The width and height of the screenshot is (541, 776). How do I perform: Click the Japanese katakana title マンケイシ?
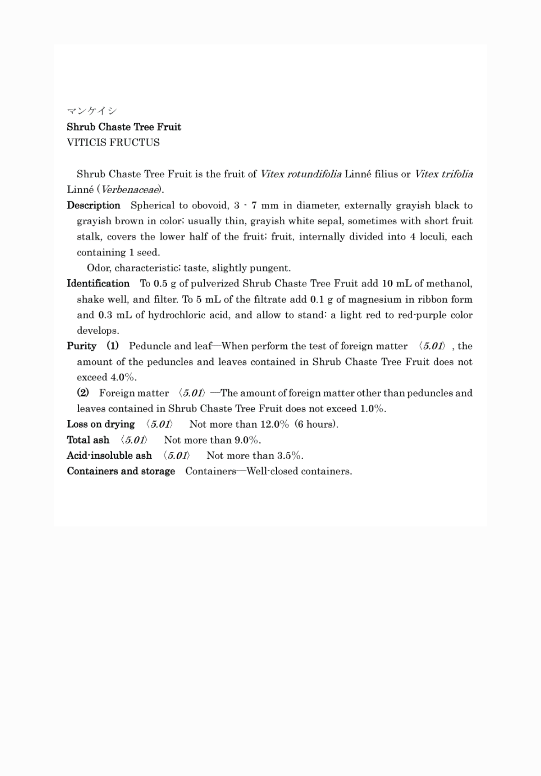(x=92, y=111)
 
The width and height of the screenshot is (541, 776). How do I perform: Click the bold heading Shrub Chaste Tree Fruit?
(x=124, y=127)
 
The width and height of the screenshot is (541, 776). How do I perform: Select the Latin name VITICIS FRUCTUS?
(x=113, y=142)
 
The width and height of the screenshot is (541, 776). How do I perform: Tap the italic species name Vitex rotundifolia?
(x=301, y=174)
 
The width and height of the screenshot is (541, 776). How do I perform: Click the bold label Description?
(x=93, y=205)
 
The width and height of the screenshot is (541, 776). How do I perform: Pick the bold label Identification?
(x=98, y=283)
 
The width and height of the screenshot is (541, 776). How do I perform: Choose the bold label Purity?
(x=82, y=346)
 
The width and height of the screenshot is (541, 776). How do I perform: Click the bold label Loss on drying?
(x=101, y=424)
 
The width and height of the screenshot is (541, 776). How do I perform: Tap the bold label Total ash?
(x=88, y=440)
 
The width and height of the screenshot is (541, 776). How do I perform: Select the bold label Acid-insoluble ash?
(x=109, y=456)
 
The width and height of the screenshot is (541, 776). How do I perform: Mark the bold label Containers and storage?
(x=121, y=471)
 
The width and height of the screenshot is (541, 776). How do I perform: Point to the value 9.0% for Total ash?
(x=247, y=440)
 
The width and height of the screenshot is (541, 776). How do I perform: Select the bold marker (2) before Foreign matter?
(x=83, y=393)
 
